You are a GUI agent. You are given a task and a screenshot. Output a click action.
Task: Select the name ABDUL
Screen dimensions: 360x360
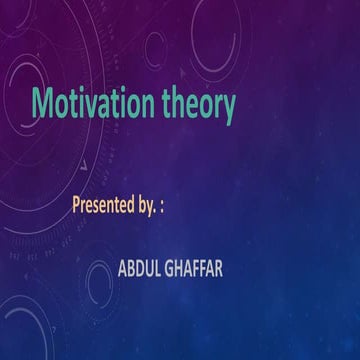click(x=140, y=268)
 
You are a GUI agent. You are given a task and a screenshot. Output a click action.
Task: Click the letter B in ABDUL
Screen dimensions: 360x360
click(x=131, y=268)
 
